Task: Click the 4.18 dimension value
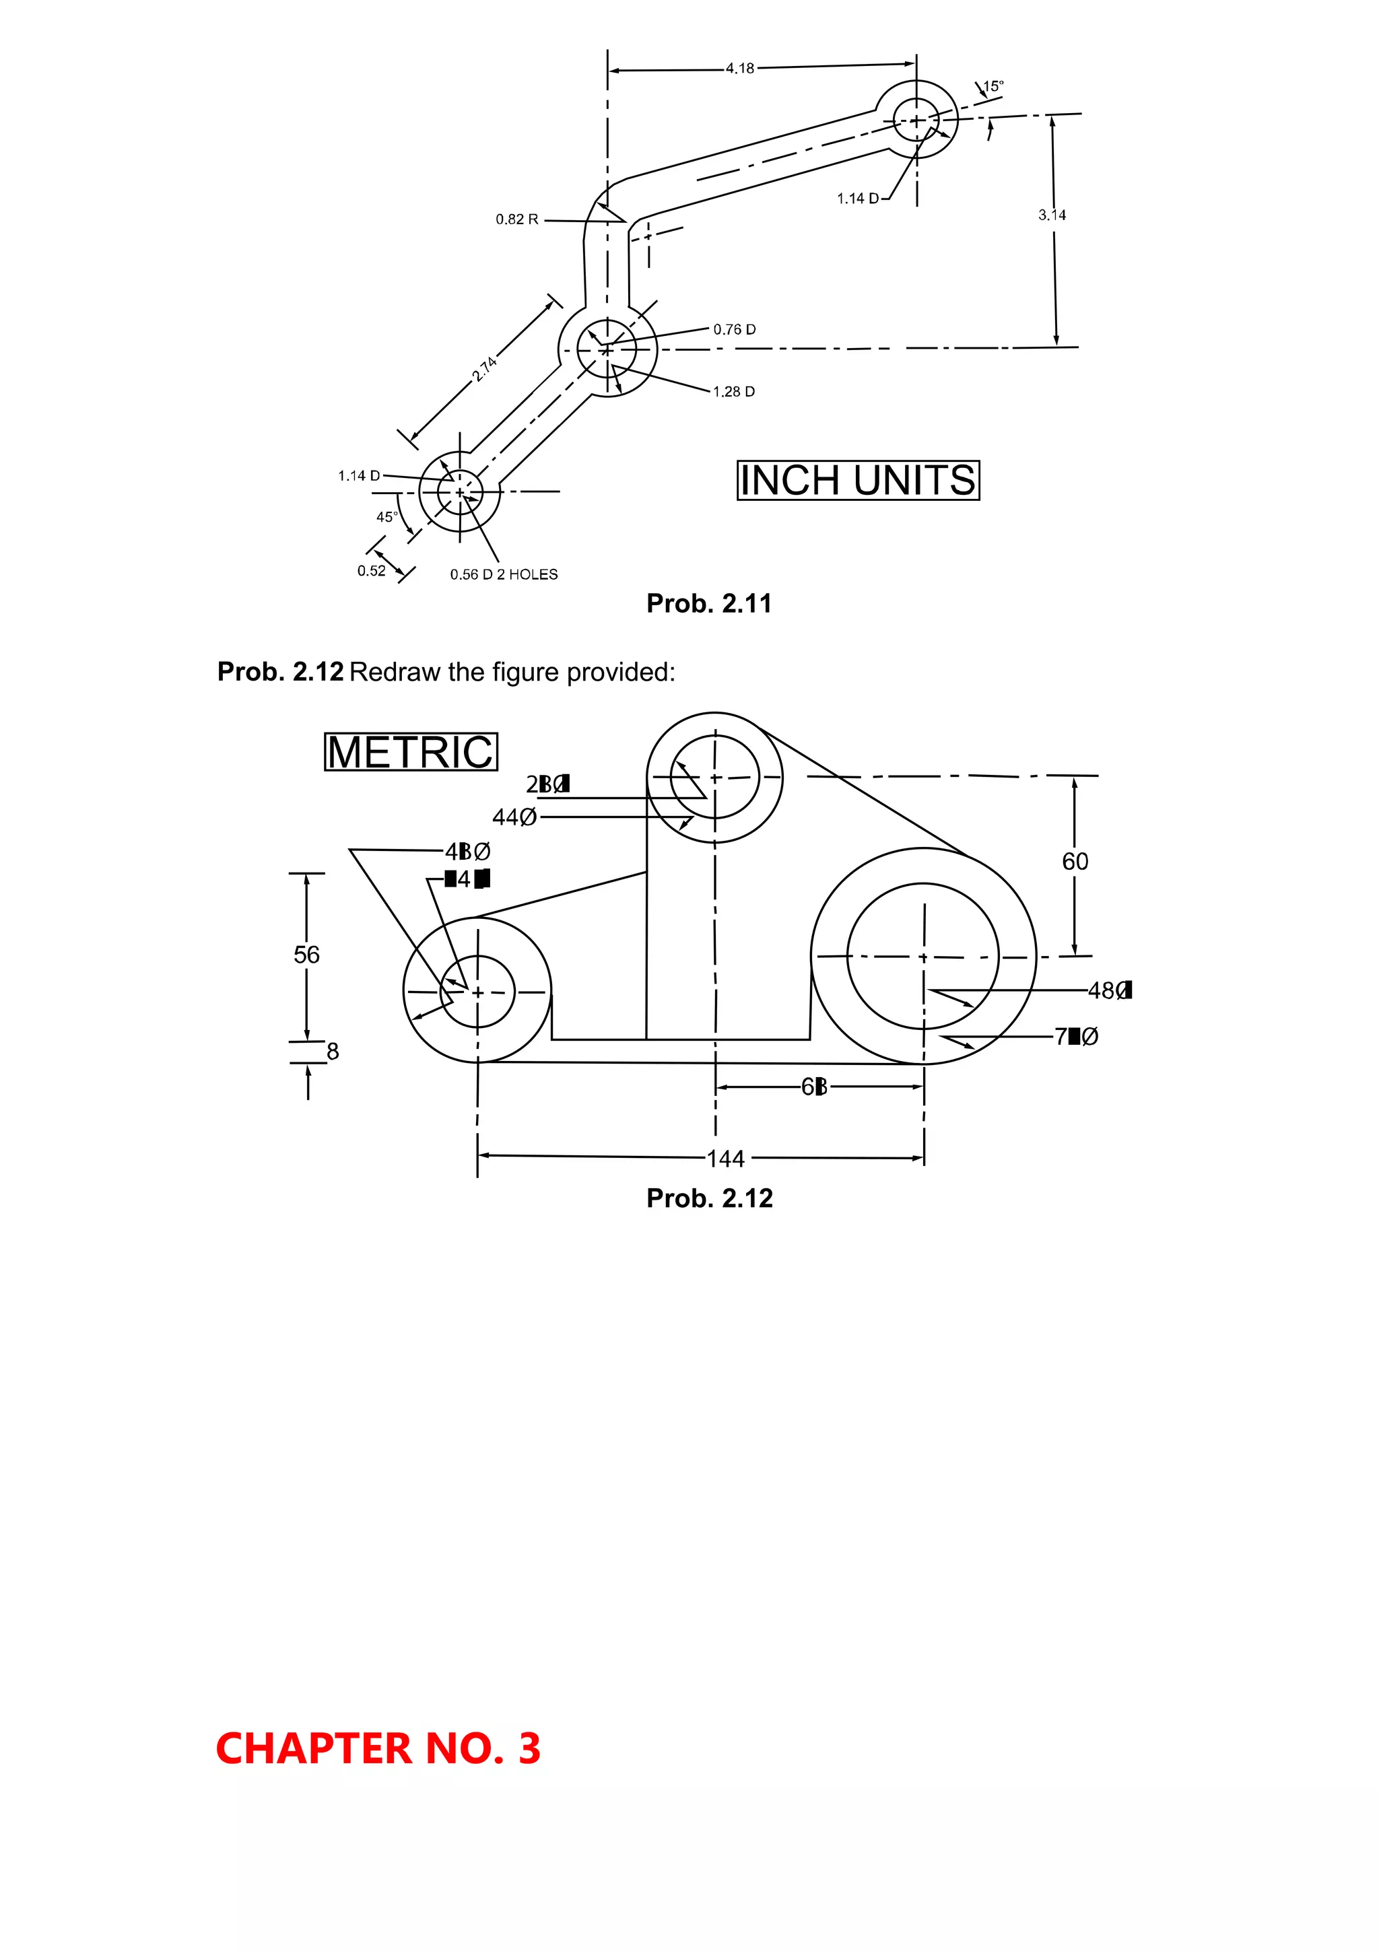pyautogui.click(x=739, y=68)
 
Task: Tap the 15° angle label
pyautogui.click(x=993, y=85)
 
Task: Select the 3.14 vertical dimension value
pyautogui.click(x=1052, y=215)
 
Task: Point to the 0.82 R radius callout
pyautogui.click(x=516, y=219)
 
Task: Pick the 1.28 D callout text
pyautogui.click(x=733, y=392)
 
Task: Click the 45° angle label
pyautogui.click(x=386, y=516)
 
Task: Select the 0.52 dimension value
pyautogui.click(x=371, y=570)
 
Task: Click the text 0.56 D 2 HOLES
pyautogui.click(x=504, y=574)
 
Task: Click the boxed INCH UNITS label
pyautogui.click(x=857, y=480)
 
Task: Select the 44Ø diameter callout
pyautogui.click(x=514, y=817)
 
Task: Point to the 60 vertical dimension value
pyautogui.click(x=1075, y=862)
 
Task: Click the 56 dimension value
pyautogui.click(x=307, y=955)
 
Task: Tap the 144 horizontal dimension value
pyautogui.click(x=726, y=1159)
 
